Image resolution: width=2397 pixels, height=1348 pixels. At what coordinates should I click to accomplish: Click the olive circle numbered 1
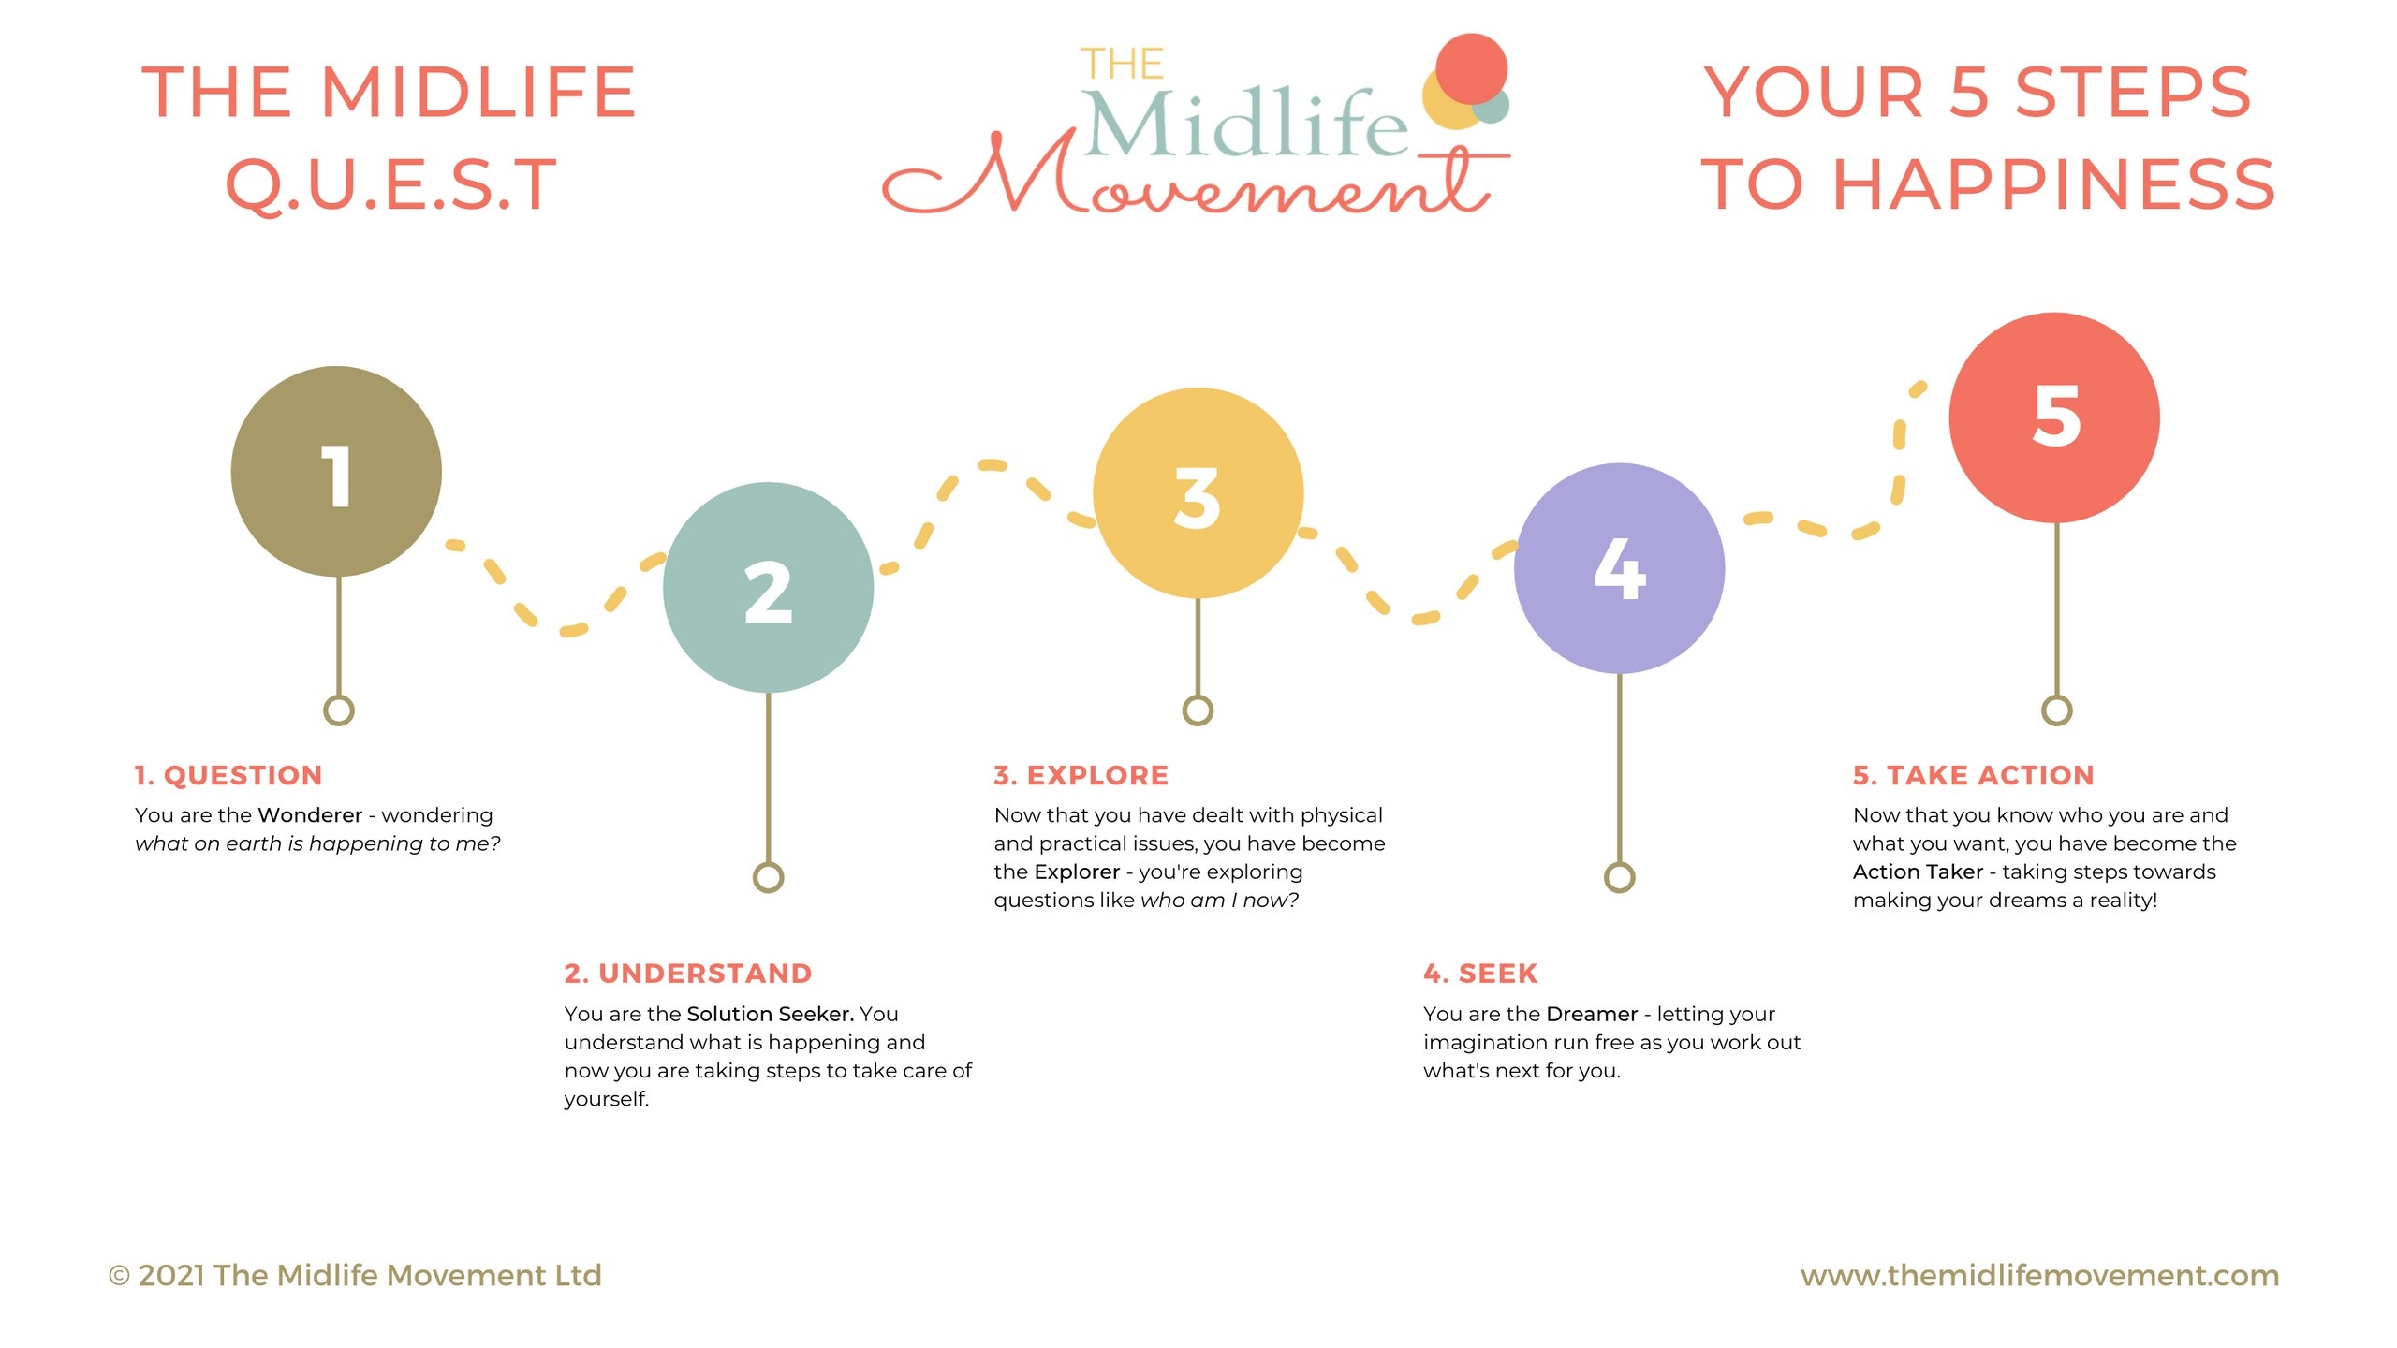point(336,471)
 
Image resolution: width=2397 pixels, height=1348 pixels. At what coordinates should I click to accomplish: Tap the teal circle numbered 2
point(768,588)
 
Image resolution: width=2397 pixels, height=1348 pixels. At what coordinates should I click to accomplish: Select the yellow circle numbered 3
point(1198,493)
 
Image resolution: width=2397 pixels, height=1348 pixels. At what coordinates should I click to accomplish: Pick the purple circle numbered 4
point(1619,568)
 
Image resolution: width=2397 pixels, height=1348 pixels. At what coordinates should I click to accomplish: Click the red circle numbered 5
point(2054,418)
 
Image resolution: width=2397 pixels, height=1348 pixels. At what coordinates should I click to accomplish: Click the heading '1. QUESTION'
point(228,775)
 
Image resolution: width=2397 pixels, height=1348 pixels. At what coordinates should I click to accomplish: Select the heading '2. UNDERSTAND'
point(688,974)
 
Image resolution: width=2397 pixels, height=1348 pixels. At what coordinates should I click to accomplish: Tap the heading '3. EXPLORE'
point(1081,775)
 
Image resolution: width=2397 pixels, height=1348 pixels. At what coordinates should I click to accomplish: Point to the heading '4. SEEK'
point(1480,974)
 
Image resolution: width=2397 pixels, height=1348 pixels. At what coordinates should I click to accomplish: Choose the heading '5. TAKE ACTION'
point(1974,775)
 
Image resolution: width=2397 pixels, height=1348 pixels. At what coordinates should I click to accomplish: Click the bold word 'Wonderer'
point(310,815)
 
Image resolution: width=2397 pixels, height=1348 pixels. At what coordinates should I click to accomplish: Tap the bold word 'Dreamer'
point(1592,1014)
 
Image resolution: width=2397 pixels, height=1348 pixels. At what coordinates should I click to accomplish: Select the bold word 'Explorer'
point(1077,872)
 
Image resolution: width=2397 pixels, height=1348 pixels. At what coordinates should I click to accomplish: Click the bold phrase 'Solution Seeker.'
point(770,1014)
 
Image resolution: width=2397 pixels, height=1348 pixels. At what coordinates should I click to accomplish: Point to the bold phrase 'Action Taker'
point(1918,872)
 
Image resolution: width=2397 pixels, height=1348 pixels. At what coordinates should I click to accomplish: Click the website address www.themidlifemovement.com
point(2039,1275)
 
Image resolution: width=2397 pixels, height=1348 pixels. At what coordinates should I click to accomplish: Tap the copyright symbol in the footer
point(119,1276)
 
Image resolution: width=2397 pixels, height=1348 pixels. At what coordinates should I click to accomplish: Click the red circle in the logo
point(1471,68)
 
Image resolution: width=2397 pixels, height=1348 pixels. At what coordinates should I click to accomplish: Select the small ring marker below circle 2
point(768,877)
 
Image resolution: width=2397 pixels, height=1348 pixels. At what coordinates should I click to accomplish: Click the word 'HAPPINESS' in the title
point(2053,184)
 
